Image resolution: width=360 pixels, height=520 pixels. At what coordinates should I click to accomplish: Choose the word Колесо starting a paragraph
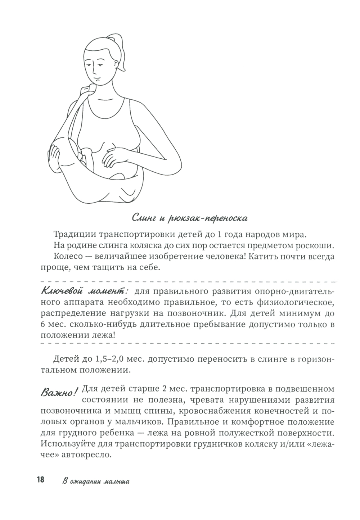[x=68, y=257]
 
